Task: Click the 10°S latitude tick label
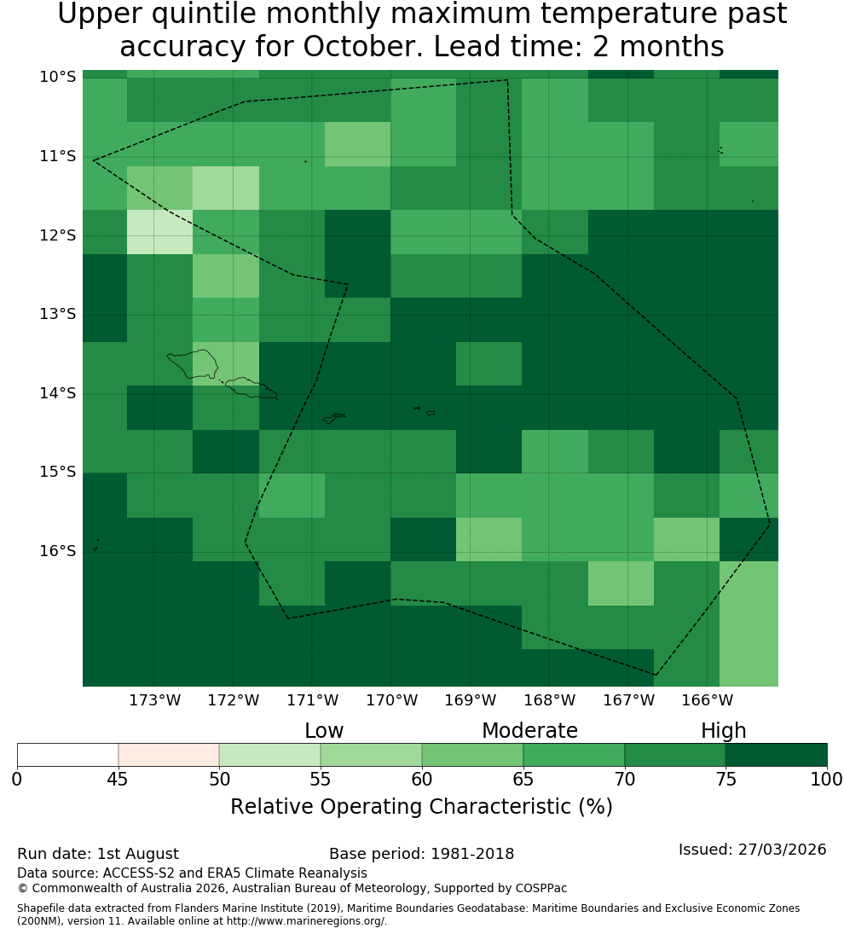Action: [58, 77]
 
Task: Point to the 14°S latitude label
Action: [58, 393]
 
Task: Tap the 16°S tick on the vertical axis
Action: [58, 551]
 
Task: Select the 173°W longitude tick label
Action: [155, 700]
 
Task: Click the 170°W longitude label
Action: [391, 700]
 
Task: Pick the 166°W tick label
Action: [707, 700]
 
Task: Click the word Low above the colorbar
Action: [324, 731]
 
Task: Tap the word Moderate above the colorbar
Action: [529, 731]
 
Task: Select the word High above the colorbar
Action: [723, 731]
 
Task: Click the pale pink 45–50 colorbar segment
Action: [169, 755]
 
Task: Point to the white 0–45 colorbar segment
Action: [68, 755]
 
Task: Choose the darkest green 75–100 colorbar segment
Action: [776, 755]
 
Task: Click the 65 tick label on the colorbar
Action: [523, 779]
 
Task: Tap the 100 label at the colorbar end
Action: [826, 779]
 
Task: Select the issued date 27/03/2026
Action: [782, 850]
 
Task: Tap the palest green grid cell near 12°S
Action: [160, 232]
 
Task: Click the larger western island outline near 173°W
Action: [192, 364]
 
